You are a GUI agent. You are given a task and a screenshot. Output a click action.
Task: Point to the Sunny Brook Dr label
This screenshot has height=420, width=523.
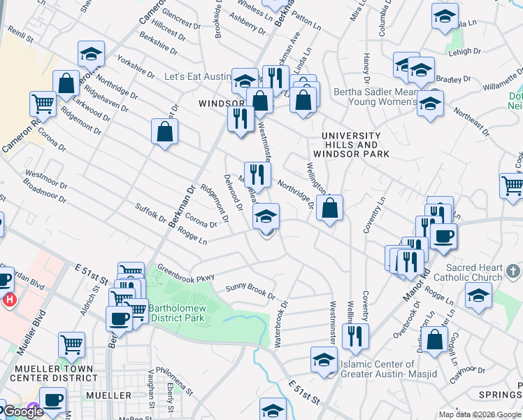250,291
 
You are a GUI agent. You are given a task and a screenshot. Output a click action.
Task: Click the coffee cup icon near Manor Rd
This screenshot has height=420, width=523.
443,236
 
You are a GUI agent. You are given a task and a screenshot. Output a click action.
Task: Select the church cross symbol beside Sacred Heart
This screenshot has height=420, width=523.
513,270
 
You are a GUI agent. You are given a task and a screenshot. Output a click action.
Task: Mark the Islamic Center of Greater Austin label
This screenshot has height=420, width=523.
378,368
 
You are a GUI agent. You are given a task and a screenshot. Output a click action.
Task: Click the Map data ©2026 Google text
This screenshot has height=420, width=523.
479,414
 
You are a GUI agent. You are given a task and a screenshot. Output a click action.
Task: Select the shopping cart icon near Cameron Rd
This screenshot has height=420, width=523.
43,104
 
